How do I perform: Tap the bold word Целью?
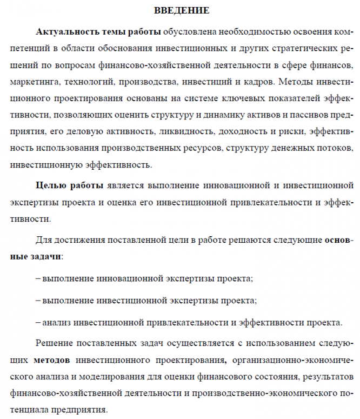coord(51,185)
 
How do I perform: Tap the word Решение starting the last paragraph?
coord(55,343)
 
